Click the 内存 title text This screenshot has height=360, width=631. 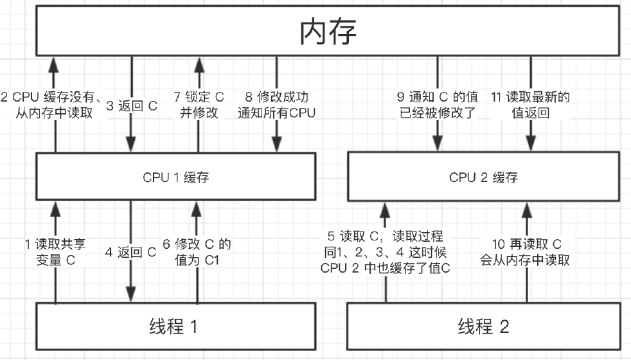328,31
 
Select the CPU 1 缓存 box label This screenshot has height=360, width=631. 176,177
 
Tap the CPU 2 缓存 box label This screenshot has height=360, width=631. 483,177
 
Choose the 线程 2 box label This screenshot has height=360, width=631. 483,326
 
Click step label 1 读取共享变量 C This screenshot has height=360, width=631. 55,251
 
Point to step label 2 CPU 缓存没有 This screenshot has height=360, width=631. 51,105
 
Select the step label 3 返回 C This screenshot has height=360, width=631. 132,105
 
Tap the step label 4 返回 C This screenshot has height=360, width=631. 130,252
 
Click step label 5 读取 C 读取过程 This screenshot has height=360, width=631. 385,251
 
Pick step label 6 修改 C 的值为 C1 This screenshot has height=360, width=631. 197,251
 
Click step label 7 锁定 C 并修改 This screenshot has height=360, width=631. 199,105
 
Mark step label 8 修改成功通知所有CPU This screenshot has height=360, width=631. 276,105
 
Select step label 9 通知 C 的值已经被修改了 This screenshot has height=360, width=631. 438,105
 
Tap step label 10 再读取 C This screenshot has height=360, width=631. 525,251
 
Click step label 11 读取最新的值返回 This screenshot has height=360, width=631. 530,105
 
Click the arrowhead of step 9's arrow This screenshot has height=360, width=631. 438,143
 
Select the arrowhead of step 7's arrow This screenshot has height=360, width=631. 199,65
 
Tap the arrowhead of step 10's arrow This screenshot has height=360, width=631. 527,210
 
